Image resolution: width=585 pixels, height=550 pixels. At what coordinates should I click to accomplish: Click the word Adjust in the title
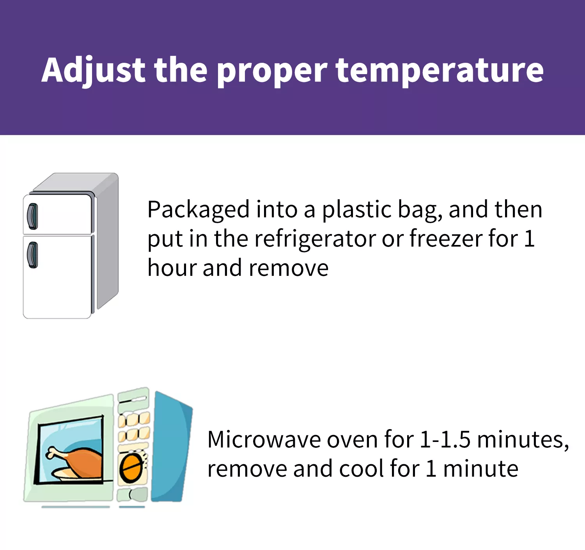[x=93, y=70]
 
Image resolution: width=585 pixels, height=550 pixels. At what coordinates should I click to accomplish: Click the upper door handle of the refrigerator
[x=33, y=216]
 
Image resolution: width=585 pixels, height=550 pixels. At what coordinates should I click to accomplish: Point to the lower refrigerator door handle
[x=33, y=255]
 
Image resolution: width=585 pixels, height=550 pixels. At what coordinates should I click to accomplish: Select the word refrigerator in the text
[x=316, y=239]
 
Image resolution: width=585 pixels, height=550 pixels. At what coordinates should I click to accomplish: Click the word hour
[x=172, y=267]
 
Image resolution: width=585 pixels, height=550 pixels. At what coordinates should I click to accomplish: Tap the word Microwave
[x=264, y=440]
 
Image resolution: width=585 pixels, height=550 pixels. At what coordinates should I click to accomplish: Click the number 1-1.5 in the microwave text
[x=445, y=440]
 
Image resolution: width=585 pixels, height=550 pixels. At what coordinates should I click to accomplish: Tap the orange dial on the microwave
[x=131, y=467]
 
